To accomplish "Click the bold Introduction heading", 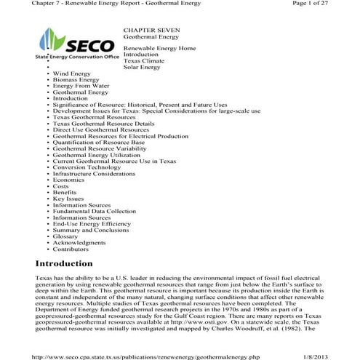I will pos(64,263).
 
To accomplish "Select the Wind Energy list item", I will pos(71,73).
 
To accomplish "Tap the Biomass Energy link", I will pos(76,80).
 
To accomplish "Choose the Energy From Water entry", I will pos(81,87).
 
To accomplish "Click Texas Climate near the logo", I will pos(144,60).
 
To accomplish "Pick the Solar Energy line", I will pos(142,67).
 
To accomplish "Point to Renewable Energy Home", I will pos(159,47).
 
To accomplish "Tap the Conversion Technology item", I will pos(87,167).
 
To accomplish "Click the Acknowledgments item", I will pos(79,243).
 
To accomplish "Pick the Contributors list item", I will pos(72,249).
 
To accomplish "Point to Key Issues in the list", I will pos(68,199).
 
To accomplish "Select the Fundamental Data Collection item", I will pos(94,211).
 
